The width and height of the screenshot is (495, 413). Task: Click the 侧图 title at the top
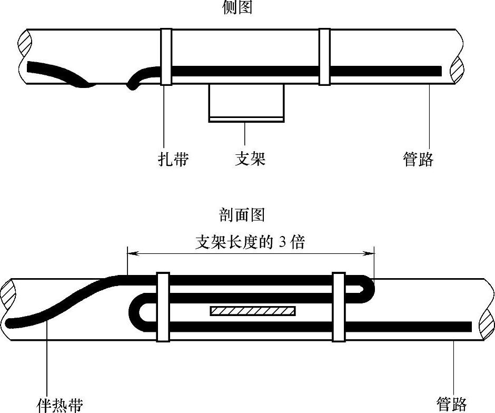point(237,7)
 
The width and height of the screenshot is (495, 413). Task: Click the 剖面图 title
point(241,215)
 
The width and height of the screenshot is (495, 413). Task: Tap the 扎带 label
point(173,159)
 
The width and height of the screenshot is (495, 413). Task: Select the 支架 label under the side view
point(250,159)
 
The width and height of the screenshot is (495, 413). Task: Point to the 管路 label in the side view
point(419,159)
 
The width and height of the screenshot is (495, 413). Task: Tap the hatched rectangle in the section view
point(252,311)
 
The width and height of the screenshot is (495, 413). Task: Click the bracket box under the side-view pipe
point(246,103)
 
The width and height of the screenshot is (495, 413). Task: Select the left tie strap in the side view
point(166,57)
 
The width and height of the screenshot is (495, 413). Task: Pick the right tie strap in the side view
point(324,57)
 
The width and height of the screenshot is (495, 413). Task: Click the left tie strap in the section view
point(163,308)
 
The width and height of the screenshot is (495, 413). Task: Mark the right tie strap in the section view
point(339,308)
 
